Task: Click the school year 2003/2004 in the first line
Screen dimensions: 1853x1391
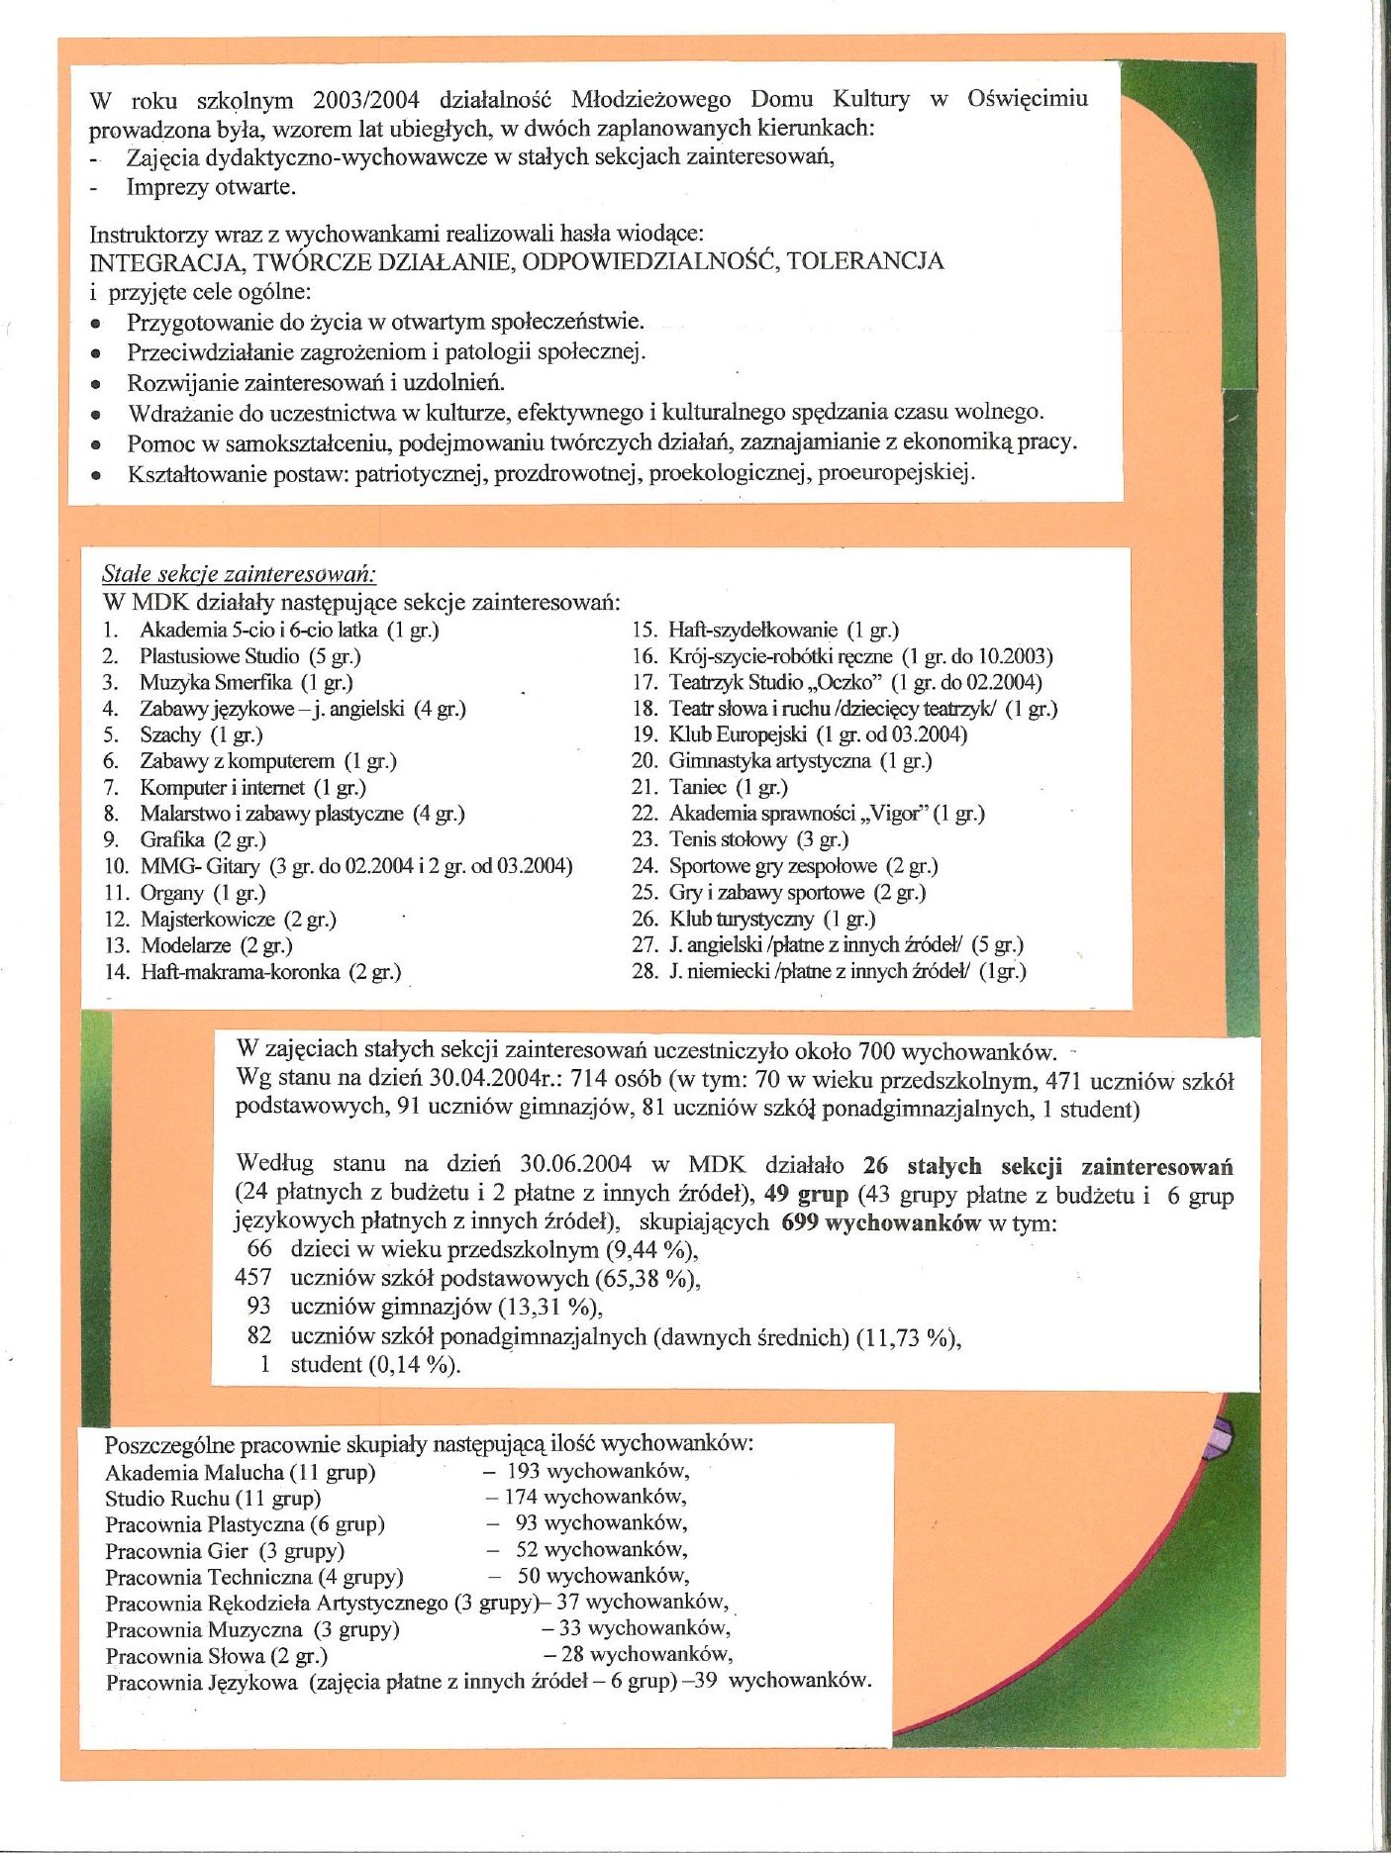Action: coord(365,100)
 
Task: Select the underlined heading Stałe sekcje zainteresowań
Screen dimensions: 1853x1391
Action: coord(239,574)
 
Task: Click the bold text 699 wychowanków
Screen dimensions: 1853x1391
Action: coord(880,1222)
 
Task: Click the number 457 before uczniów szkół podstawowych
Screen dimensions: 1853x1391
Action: coord(252,1279)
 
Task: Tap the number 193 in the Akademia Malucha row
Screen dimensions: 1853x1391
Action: coord(523,1472)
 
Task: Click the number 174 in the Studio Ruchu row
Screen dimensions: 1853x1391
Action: coord(521,1498)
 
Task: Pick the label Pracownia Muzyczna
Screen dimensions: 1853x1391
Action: coord(204,1629)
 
